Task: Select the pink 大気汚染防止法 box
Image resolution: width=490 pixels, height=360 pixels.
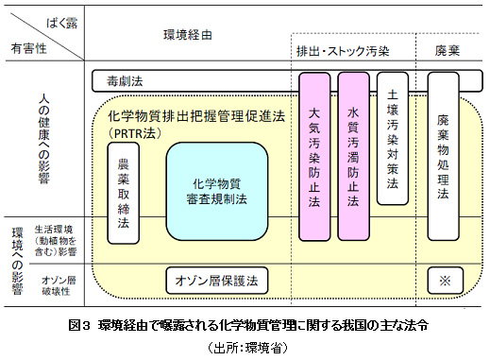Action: coord(315,155)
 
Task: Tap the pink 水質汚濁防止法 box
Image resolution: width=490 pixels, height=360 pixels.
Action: coord(353,155)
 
